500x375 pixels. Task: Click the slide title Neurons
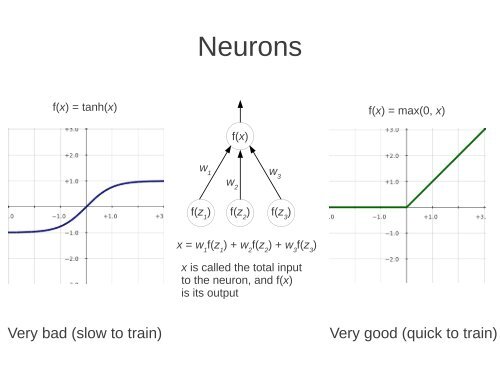click(249, 47)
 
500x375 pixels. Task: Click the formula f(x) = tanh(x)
click(85, 107)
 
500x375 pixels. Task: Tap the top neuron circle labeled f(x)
click(240, 136)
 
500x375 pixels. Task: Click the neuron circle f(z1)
click(202, 212)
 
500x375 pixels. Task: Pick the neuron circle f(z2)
click(240, 212)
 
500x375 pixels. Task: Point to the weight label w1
click(205, 170)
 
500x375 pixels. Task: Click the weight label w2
click(232, 184)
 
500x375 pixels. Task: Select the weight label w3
click(275, 174)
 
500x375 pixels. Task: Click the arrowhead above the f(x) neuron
click(240, 104)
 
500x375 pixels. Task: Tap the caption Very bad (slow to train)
click(84, 333)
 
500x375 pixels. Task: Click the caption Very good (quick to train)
click(412, 333)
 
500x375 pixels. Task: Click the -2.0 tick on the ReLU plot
click(394, 258)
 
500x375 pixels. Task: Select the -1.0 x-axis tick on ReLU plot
click(380, 215)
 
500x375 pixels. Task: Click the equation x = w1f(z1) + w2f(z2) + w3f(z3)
click(246, 245)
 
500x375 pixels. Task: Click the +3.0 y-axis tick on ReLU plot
click(394, 130)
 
